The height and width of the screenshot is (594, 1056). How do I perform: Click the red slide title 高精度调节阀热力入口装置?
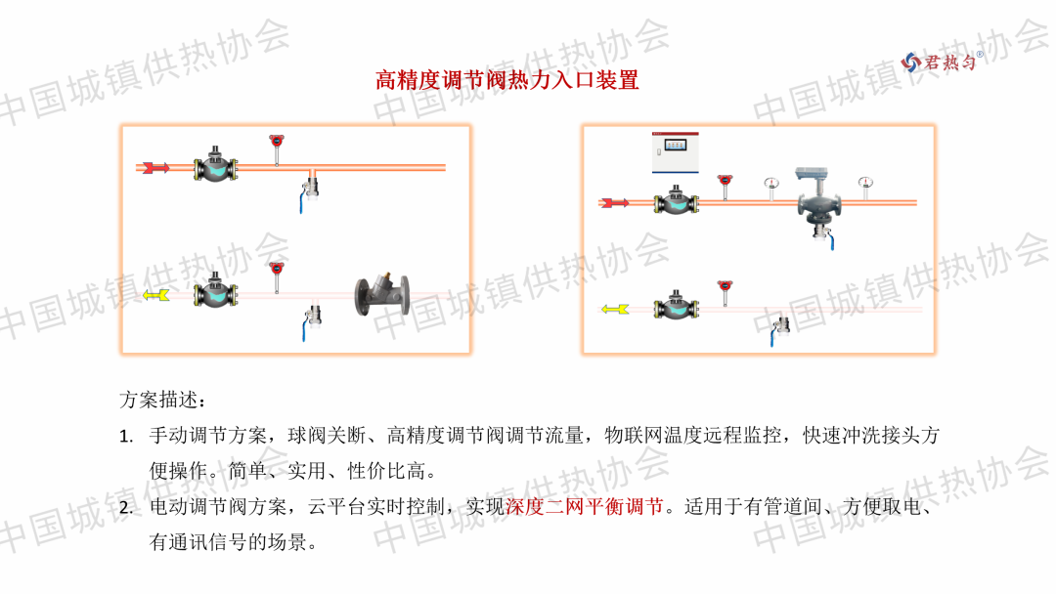pos(506,80)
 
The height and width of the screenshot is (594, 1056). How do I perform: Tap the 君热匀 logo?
pos(942,62)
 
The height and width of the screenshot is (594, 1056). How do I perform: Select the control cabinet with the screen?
pos(675,152)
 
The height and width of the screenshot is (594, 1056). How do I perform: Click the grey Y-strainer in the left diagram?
pos(382,294)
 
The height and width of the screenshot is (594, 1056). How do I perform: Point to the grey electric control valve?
pos(819,200)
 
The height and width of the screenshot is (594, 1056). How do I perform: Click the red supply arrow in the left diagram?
pos(155,167)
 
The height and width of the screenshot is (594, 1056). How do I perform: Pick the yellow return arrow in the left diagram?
pos(155,295)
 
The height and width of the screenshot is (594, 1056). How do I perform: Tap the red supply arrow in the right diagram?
pos(614,202)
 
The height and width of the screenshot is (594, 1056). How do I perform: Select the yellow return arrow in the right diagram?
pos(615,309)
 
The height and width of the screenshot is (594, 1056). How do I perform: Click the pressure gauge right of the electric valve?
pos(865,188)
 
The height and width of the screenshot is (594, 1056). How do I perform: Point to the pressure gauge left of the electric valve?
pos(771,188)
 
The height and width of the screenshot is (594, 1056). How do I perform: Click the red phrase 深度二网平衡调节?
pos(585,506)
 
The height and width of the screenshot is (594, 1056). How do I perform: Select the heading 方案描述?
pos(162,400)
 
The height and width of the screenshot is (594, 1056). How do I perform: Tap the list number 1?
pos(126,437)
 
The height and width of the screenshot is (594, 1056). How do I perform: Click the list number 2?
pos(126,507)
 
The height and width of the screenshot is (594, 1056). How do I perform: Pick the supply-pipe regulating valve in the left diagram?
pos(215,165)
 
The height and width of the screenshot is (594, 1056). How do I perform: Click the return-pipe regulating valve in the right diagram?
pos(677,306)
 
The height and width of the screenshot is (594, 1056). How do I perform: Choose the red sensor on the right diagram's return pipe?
pos(725,293)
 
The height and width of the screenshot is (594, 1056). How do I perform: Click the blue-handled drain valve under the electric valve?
pos(825,237)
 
